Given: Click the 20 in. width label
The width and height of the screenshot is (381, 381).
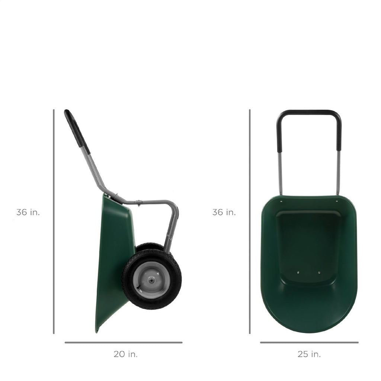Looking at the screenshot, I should click(x=125, y=354).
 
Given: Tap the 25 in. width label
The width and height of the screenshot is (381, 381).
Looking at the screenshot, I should click(x=309, y=354).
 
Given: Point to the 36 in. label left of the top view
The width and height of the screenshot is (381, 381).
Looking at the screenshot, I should click(x=224, y=212).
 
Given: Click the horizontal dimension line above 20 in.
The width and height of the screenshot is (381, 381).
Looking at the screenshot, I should click(x=124, y=342).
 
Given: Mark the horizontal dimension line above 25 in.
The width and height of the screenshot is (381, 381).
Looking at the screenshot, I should click(x=309, y=342).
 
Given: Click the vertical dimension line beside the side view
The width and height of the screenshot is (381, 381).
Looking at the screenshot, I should click(x=54, y=221).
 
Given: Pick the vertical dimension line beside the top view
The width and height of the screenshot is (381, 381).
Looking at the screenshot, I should click(x=250, y=221).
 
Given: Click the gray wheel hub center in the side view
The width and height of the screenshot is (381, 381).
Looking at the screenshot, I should click(x=152, y=279).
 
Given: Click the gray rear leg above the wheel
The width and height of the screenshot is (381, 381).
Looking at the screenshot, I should click(x=171, y=227).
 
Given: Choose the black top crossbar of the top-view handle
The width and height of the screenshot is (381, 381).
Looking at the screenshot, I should click(x=309, y=112).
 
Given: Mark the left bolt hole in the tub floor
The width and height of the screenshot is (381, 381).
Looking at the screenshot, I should click(x=298, y=272).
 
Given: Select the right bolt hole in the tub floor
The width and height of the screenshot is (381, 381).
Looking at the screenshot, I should click(x=319, y=272).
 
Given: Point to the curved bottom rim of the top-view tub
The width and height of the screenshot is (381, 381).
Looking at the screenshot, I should click(x=309, y=331).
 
